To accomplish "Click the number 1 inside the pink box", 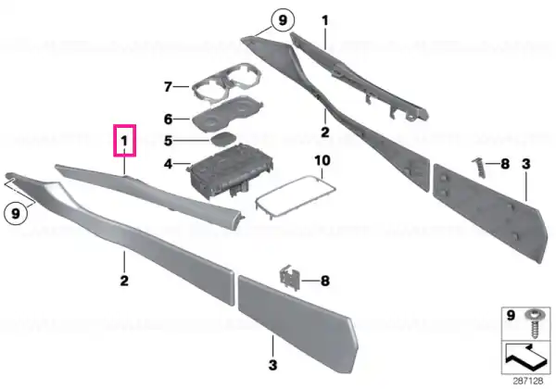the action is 124,142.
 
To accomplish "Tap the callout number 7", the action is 168,86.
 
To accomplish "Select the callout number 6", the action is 168,119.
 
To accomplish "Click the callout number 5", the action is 168,141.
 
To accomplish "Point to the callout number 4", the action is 168,164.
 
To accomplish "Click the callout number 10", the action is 322,160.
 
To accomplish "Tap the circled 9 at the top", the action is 283,20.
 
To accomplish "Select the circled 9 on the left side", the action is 15,214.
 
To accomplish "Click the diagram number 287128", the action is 528,381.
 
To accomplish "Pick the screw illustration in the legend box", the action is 533,323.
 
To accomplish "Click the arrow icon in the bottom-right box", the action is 525,357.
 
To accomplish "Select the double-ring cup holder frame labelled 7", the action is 227,83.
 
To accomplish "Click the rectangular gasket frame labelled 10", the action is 296,196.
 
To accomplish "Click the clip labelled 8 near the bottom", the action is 290,278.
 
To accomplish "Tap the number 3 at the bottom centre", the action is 272,365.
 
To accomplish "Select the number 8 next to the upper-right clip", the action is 505,164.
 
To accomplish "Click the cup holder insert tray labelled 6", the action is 227,114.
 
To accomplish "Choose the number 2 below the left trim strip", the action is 124,281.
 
